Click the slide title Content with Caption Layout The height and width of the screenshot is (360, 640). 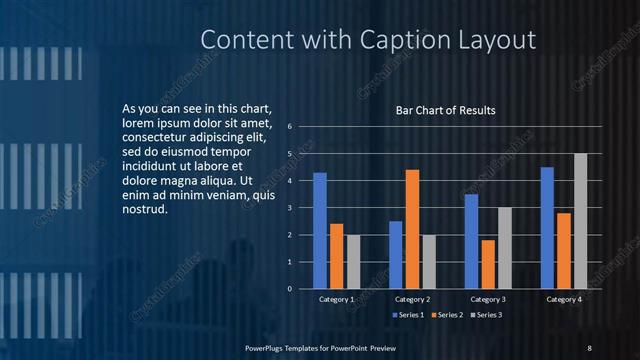pos(368,39)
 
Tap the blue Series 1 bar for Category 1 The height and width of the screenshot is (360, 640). pos(320,230)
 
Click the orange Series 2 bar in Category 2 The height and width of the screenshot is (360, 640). pos(412,229)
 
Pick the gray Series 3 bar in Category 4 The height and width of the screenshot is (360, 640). pos(580,221)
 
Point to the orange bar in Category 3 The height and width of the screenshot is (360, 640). pos(488,264)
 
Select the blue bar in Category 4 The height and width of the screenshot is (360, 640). pos(547,227)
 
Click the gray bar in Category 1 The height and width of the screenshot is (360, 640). pos(353,261)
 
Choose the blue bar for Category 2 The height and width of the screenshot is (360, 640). pos(396,254)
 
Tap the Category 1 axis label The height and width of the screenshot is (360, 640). pos(337,299)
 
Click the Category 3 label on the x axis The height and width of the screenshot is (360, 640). pos(488,299)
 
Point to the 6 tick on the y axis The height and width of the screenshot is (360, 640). pos(289,127)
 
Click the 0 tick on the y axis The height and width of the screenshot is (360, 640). pos(289,289)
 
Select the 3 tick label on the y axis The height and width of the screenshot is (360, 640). pos(289,208)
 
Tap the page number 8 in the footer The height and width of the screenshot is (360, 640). pos(589,347)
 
